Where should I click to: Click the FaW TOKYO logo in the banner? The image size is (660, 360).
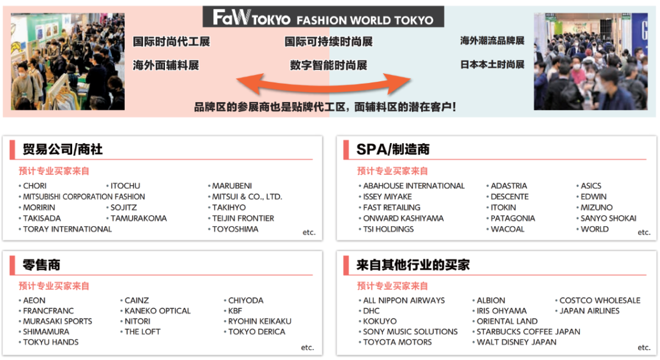[x=252, y=18]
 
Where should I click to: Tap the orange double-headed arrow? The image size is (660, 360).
[x=324, y=83]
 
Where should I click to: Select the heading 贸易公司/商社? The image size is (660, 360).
[x=62, y=150]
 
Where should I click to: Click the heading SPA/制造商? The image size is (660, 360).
[x=393, y=150]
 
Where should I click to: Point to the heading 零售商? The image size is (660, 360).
[x=42, y=265]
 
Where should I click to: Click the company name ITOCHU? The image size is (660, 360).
[x=125, y=186]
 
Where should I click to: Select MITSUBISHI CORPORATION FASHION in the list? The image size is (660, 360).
[x=84, y=197]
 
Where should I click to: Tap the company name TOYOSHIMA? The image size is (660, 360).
[x=235, y=229]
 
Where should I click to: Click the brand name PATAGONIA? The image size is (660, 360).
[x=513, y=218]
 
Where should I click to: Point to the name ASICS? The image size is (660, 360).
[x=591, y=186]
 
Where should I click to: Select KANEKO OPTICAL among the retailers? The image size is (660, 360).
[x=158, y=311]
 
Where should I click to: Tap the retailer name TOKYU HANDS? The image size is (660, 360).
[x=51, y=342]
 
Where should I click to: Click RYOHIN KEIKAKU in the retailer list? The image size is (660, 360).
[x=260, y=321]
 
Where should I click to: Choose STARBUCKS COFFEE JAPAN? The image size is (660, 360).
[x=529, y=332]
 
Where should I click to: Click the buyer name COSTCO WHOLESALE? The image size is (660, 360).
[x=600, y=301]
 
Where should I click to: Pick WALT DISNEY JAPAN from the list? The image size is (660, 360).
[x=516, y=342]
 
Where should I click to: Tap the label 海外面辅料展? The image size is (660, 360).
[x=166, y=65]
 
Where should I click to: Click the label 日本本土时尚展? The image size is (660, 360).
[x=492, y=64]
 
